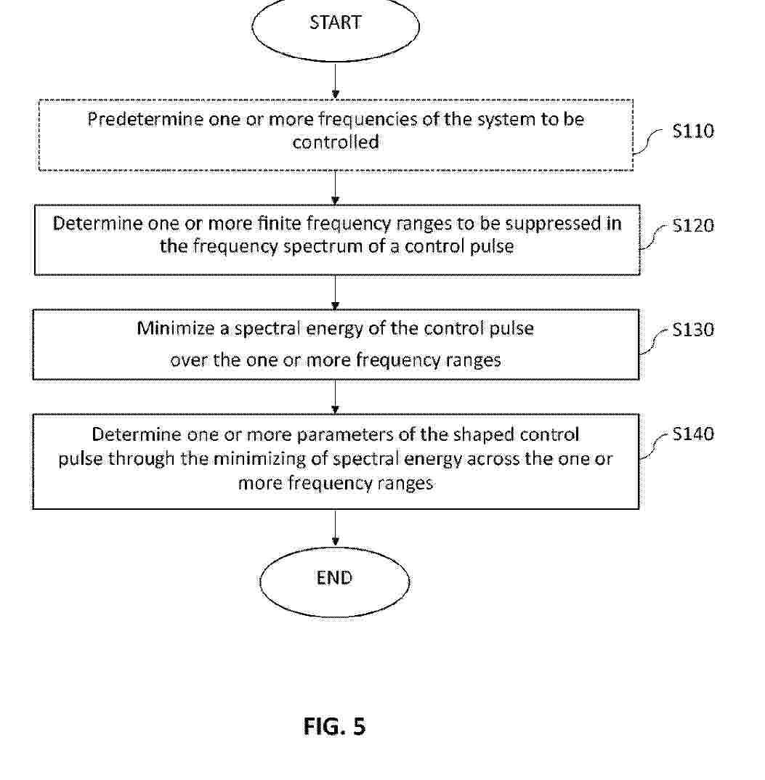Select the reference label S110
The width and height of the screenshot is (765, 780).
tap(693, 131)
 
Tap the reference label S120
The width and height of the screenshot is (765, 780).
tap(693, 226)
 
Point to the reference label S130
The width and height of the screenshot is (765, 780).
tap(693, 330)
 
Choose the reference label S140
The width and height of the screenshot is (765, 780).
tap(693, 434)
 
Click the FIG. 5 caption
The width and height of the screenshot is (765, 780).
tap(334, 726)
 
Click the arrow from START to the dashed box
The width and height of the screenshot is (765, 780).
tap(336, 81)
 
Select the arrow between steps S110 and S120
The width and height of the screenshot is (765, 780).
tap(336, 187)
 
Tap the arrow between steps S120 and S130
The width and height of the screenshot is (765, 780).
tap(336, 292)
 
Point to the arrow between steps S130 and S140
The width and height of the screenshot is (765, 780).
tap(336, 397)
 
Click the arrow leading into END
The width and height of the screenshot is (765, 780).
tap(336, 527)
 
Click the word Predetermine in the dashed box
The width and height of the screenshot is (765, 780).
tap(146, 119)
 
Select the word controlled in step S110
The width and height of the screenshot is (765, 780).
tap(336, 143)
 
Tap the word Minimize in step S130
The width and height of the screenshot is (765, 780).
tap(175, 328)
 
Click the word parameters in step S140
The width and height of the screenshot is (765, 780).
tap(345, 435)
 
